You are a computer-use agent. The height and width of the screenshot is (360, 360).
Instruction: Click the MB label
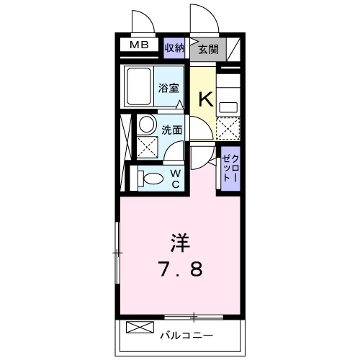click(x=138, y=46)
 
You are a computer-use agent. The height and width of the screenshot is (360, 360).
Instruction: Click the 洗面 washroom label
click(x=171, y=131)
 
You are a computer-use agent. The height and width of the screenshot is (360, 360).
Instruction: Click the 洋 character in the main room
click(x=179, y=240)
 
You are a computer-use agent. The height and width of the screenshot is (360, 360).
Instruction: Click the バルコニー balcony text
click(x=185, y=335)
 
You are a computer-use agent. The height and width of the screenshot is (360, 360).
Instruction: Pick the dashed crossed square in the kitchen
click(x=228, y=130)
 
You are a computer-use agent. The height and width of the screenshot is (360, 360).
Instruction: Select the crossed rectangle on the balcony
click(x=136, y=328)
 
